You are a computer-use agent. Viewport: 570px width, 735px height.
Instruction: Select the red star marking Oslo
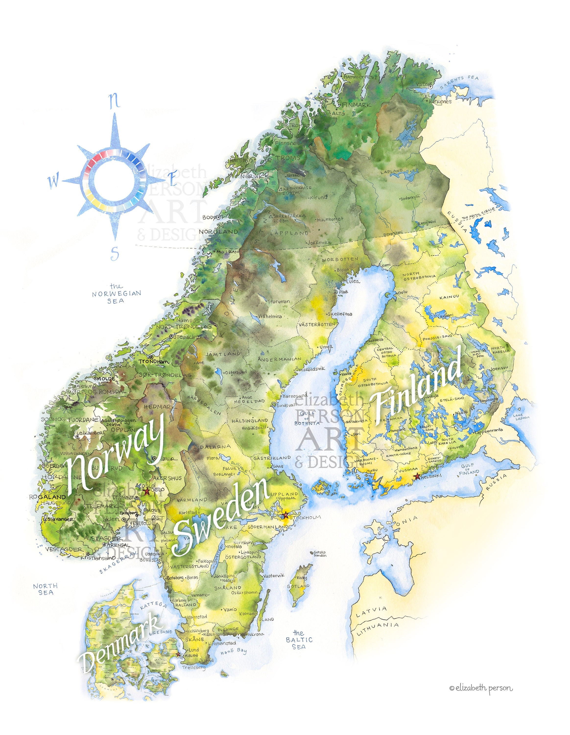click(x=147, y=491)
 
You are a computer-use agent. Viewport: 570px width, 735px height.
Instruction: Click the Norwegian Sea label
click(x=116, y=294)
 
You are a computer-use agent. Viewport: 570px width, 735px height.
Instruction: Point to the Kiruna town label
click(x=318, y=197)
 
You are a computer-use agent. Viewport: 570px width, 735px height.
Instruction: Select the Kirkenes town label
click(x=440, y=101)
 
